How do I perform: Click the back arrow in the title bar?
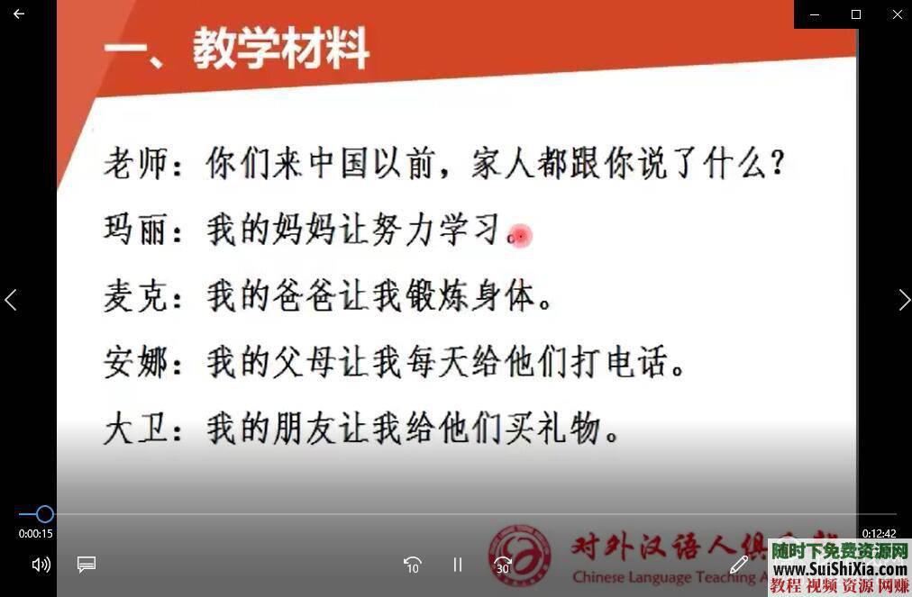(x=18, y=14)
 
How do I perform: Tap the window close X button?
(x=897, y=14)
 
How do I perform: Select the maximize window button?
(x=856, y=14)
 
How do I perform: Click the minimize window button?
(x=815, y=14)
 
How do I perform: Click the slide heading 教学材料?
(x=280, y=50)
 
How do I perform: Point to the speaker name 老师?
(x=136, y=165)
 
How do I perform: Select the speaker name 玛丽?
(x=136, y=231)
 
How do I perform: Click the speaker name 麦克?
(x=136, y=296)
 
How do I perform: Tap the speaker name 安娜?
(x=136, y=363)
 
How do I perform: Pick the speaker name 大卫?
(x=136, y=429)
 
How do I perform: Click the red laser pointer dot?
(x=520, y=236)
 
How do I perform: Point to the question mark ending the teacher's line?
(x=777, y=166)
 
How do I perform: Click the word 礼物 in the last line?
(x=571, y=430)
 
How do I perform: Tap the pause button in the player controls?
(x=458, y=565)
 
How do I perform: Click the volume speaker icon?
(x=41, y=565)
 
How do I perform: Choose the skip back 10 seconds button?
(x=412, y=565)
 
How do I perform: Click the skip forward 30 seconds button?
(x=503, y=565)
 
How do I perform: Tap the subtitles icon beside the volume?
(x=87, y=565)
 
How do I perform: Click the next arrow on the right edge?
(x=904, y=300)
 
